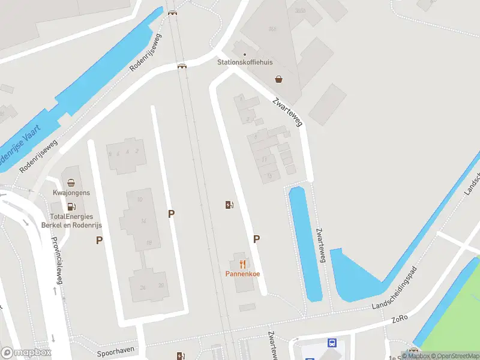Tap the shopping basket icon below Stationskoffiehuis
[279, 79]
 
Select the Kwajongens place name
[71, 193]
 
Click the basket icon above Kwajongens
[71, 183]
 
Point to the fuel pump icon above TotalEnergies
[71, 207]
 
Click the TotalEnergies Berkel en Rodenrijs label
[71, 220]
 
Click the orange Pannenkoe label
[242, 274]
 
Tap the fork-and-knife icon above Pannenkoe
[242, 264]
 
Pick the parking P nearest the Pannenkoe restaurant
[257, 239]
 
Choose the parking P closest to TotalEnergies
[99, 241]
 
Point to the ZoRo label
[400, 317]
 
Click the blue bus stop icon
[332, 343]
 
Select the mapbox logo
[26, 353]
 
